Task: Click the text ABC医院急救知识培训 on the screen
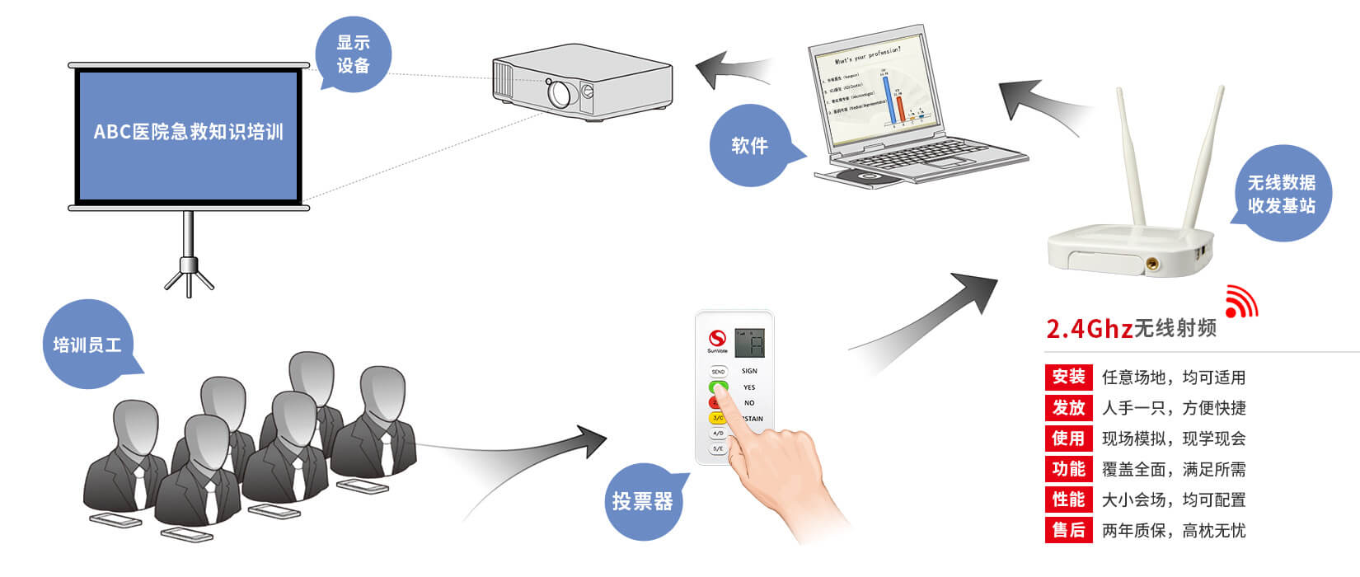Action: click(188, 132)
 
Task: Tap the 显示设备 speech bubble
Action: click(353, 54)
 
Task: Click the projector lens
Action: click(560, 93)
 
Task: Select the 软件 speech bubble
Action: click(749, 146)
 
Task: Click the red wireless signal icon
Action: click(1240, 302)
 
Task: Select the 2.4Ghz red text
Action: click(1089, 329)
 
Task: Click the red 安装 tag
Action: click(1068, 378)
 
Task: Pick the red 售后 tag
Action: click(1068, 530)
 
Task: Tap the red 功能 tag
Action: click(1068, 469)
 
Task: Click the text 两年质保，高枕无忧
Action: click(1174, 531)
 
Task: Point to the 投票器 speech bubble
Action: click(642, 501)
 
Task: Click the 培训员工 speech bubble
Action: click(87, 345)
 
